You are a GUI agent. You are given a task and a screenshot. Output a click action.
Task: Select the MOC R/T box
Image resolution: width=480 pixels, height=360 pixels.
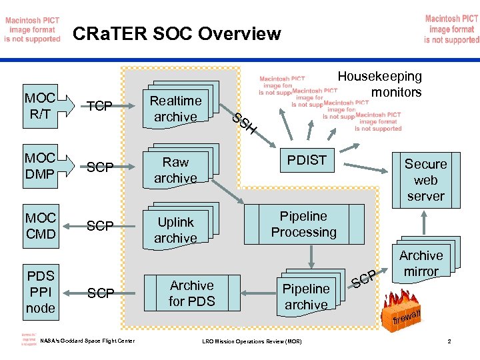click(x=40, y=105)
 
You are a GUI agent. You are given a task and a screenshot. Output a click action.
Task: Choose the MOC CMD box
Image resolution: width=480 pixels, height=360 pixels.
click(x=40, y=226)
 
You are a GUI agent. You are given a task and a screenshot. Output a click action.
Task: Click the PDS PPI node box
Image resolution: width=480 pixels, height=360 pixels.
click(x=40, y=291)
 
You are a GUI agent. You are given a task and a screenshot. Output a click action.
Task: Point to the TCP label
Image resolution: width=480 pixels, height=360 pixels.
click(x=100, y=105)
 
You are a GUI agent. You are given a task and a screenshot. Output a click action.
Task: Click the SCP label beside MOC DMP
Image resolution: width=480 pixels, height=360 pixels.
click(x=101, y=167)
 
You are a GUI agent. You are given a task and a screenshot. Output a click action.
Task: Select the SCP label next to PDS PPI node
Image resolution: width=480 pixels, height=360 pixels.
click(x=101, y=293)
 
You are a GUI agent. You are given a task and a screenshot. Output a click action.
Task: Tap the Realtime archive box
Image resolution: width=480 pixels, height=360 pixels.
click(x=175, y=109)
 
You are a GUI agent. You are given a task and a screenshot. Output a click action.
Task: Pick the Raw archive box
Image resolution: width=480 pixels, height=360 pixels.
click(x=175, y=169)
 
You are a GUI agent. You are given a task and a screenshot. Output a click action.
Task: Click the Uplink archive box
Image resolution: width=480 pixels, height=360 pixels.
click(x=175, y=229)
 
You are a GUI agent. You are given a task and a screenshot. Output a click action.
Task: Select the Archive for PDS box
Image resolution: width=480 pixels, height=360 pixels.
click(x=191, y=293)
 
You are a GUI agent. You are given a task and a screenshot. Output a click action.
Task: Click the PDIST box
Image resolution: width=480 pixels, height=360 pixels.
click(x=306, y=160)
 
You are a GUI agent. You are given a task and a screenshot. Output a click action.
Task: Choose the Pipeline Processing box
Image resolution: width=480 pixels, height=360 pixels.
click(x=303, y=224)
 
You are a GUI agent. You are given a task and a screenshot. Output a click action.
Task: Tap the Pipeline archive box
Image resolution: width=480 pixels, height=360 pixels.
click(x=306, y=296)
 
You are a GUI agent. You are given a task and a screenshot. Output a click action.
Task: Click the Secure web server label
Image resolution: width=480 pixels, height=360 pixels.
click(x=425, y=179)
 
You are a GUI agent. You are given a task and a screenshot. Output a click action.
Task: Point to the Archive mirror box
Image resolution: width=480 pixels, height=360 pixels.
click(x=421, y=263)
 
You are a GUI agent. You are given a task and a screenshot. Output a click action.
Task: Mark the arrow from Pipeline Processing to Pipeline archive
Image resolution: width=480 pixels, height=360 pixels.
click(x=310, y=256)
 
